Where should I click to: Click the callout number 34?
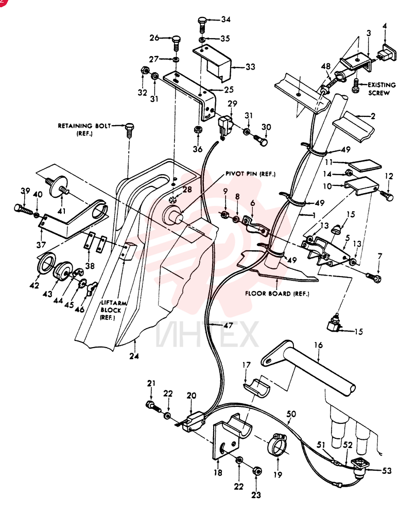tap(226, 20)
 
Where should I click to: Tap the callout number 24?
tap(134, 356)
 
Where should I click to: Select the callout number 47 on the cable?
tap(228, 325)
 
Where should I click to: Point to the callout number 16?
tap(318, 345)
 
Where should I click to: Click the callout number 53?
tap(387, 471)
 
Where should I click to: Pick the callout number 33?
tap(250, 66)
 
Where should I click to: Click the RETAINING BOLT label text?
tap(84, 126)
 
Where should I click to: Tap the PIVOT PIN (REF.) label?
tap(250, 174)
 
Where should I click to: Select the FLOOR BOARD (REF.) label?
tap(277, 294)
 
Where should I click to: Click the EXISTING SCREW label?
tap(382, 89)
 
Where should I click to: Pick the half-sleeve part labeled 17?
tap(256, 385)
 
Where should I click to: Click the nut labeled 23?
tap(257, 472)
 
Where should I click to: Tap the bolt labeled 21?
tap(153, 407)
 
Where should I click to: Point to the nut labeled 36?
tap(198, 129)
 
